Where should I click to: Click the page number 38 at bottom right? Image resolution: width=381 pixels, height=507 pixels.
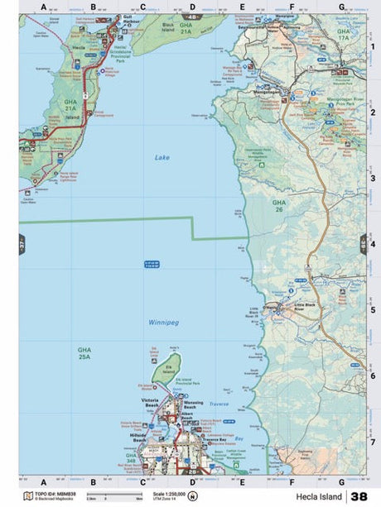pos(359,496)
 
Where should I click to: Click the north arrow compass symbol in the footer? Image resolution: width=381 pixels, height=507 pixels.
pos(193,497)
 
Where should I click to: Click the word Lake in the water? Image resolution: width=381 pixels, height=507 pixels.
pos(162,156)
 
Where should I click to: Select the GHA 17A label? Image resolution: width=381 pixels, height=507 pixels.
pos(344,35)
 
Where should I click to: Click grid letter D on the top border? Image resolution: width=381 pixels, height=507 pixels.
pos(192,7)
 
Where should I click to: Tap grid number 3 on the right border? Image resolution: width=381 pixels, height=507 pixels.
pos(373,178)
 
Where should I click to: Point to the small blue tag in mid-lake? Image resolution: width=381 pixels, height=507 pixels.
pos(152,264)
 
